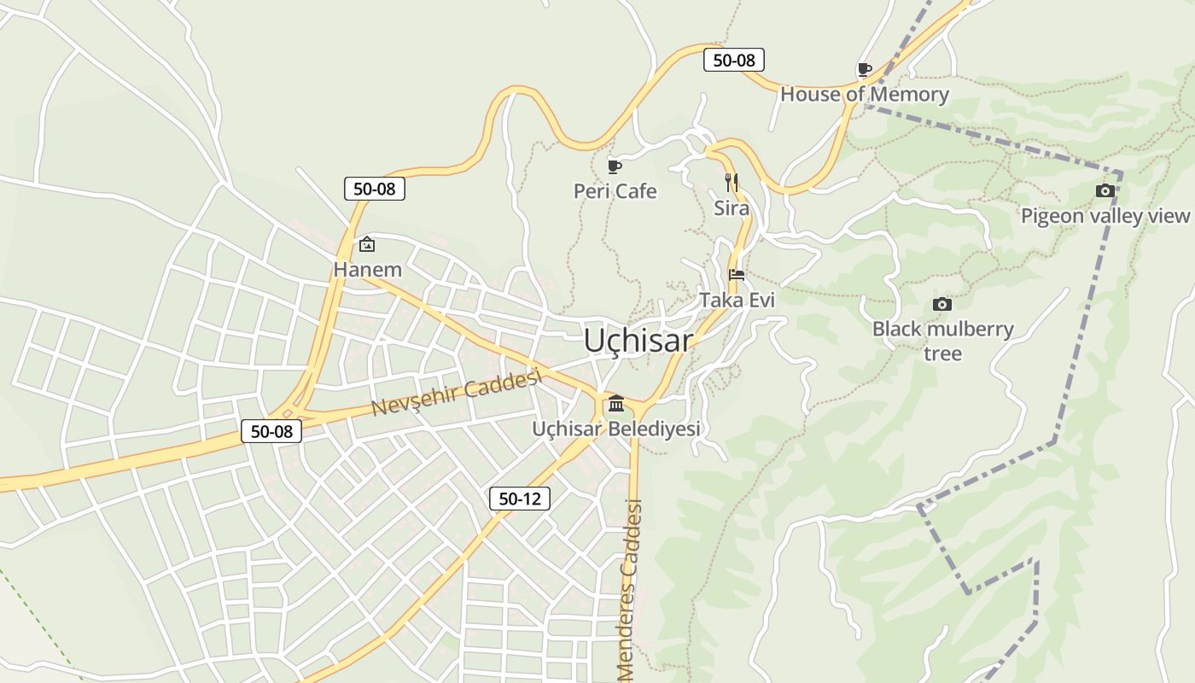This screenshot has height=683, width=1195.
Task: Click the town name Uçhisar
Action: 638,341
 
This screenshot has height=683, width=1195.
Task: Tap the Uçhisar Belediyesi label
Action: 616,429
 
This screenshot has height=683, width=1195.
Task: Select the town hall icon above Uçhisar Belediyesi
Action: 616,403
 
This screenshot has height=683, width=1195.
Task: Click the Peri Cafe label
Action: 615,191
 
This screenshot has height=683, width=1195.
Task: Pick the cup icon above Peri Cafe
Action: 614,166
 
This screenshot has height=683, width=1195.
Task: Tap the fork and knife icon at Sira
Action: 732,182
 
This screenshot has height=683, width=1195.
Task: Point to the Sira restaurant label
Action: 732,208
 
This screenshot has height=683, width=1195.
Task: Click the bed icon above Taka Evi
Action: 737,275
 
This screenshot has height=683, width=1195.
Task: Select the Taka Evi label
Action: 737,301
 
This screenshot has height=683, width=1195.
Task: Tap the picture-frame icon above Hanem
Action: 367,245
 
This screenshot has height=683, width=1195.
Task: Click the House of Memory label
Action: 864,95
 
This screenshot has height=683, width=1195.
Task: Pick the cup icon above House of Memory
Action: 864,69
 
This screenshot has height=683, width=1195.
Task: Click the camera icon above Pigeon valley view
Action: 1105,190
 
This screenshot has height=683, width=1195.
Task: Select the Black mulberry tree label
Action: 942,341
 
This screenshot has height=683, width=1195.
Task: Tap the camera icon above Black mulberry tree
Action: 942,304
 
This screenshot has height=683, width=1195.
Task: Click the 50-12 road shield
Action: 520,499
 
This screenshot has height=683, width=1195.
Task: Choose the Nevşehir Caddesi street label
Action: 457,394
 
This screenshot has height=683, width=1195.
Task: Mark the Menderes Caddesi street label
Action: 630,589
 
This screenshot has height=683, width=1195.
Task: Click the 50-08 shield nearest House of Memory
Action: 734,60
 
